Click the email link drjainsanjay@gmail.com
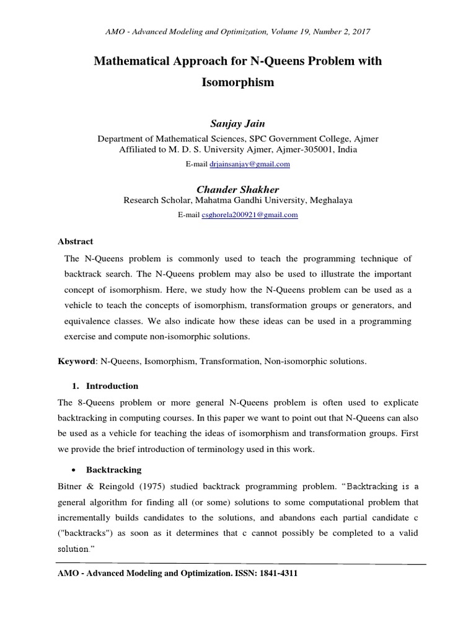(x=250, y=164)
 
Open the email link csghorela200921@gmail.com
(x=250, y=215)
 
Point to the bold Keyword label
(x=77, y=361)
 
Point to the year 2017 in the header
(x=363, y=30)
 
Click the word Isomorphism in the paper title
(x=237, y=82)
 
